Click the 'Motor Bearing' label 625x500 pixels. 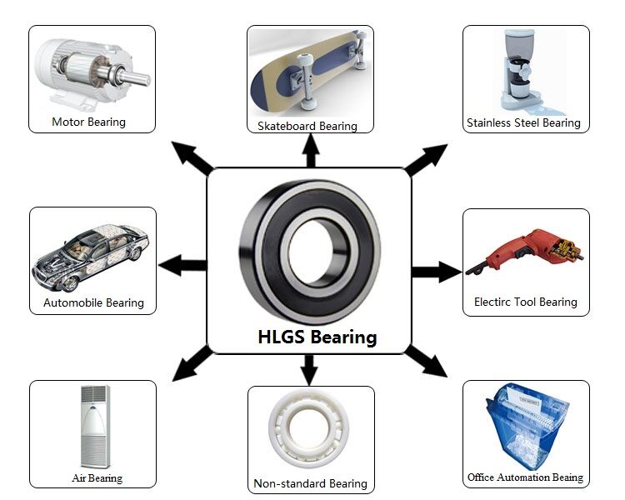(x=88, y=122)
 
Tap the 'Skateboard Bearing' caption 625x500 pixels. (x=307, y=126)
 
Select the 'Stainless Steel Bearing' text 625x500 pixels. (x=523, y=122)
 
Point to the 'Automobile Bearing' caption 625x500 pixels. (x=93, y=303)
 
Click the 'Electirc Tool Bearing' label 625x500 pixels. (x=525, y=302)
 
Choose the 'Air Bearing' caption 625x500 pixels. (x=97, y=477)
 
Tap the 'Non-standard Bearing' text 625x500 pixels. (x=310, y=483)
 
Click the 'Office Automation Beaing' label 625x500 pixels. (x=525, y=477)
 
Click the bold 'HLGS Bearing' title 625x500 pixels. (x=317, y=337)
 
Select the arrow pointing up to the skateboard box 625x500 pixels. (x=311, y=150)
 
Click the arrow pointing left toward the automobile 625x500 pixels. (x=182, y=265)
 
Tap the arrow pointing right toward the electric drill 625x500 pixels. (x=437, y=272)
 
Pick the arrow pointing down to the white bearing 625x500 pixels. (x=309, y=370)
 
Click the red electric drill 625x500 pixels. (x=525, y=251)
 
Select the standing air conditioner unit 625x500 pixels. (x=95, y=426)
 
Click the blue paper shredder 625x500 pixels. (x=527, y=426)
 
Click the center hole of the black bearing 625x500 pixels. (x=311, y=252)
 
